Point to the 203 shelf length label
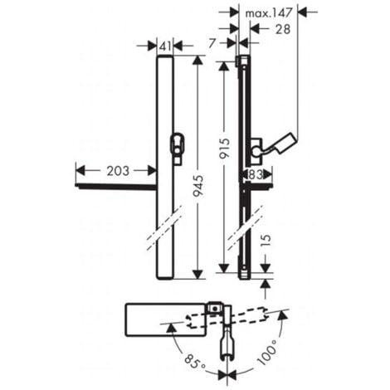click(117, 171)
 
